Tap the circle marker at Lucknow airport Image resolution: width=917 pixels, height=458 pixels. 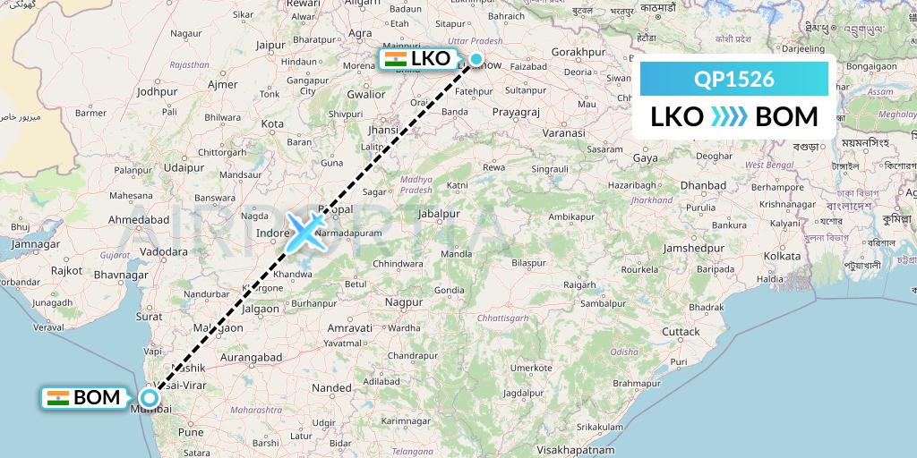coord(476,60)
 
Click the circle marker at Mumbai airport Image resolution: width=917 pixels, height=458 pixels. coord(150,398)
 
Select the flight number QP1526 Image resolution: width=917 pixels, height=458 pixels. coord(734,80)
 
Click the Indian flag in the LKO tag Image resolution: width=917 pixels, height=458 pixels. coord(395,59)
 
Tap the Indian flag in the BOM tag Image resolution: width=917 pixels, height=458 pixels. coord(57,398)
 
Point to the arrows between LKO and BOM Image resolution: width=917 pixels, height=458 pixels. coord(727,117)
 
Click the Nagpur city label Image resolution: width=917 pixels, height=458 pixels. coord(403,302)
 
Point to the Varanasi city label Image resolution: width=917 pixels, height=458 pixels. coord(563,132)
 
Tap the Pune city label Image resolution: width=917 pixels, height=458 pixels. coord(191,431)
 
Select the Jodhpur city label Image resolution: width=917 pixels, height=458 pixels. coord(158,91)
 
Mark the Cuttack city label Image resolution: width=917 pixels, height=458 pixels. coord(681,331)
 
